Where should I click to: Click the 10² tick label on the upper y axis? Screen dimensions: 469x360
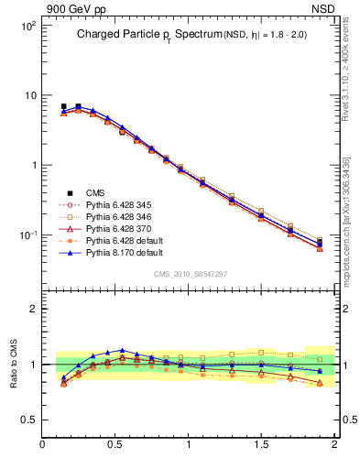pos(27,26)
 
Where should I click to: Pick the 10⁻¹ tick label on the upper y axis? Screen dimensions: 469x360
pos(27,235)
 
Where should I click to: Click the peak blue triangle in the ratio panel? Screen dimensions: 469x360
pos(122,350)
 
